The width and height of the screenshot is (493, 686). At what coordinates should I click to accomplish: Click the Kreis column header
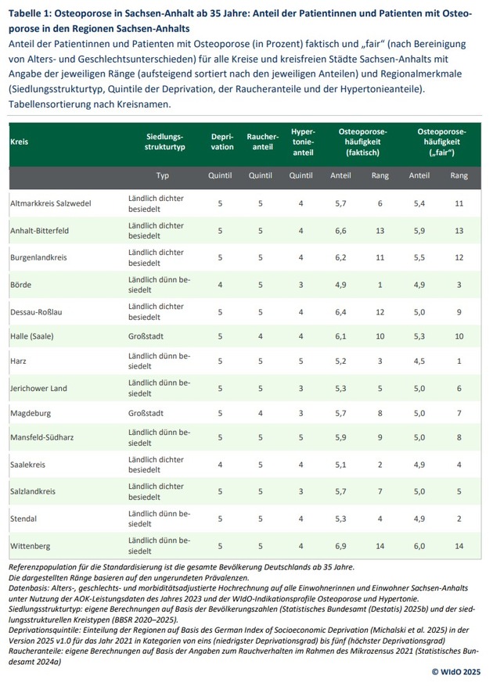click(x=19, y=142)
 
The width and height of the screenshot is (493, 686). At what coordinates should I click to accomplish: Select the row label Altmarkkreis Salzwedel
click(x=51, y=203)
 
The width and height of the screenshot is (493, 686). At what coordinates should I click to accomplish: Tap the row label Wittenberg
click(x=32, y=546)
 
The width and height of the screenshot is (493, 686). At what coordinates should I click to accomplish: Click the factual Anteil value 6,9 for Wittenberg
click(x=340, y=546)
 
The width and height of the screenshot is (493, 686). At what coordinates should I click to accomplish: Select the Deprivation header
click(x=222, y=142)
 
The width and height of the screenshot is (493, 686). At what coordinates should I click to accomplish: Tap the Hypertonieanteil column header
click(x=302, y=142)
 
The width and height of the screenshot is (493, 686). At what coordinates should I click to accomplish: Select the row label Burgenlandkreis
click(x=39, y=256)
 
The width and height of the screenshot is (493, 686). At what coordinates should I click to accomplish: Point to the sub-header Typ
click(x=163, y=175)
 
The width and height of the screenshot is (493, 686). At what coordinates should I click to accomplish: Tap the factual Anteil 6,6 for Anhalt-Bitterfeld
click(x=340, y=230)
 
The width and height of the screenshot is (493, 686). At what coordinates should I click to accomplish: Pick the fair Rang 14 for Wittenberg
click(x=459, y=546)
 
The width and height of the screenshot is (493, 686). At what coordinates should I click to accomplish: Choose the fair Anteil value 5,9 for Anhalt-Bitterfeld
click(x=419, y=230)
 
